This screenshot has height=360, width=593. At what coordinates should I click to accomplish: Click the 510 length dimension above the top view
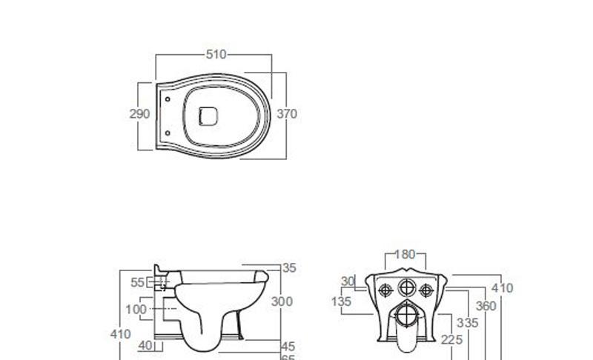[216, 54]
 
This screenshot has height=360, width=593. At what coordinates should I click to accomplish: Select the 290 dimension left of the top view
[139, 114]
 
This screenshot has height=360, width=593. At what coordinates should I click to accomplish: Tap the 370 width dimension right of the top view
[287, 114]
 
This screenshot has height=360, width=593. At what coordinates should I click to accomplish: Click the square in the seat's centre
[208, 115]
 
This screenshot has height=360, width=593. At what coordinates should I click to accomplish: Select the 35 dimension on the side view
[289, 268]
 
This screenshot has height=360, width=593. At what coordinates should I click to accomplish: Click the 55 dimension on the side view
[138, 282]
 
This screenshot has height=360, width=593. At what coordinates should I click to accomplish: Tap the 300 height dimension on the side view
[282, 301]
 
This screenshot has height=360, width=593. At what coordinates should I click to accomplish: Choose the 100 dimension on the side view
[136, 309]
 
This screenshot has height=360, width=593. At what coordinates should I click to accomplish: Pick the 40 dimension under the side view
[144, 345]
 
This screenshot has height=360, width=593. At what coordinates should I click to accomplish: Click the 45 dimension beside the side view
[288, 346]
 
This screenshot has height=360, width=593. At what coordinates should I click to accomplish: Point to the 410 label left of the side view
[120, 334]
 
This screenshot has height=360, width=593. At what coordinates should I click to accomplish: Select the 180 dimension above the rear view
[405, 255]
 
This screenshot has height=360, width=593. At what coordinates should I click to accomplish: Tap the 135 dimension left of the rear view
[341, 301]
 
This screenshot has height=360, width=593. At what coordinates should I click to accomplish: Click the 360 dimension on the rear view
[486, 305]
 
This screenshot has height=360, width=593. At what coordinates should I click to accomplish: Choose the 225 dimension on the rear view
[451, 339]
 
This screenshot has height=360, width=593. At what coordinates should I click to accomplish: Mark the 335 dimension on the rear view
[468, 323]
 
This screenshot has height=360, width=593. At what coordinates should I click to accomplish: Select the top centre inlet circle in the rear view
[405, 289]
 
